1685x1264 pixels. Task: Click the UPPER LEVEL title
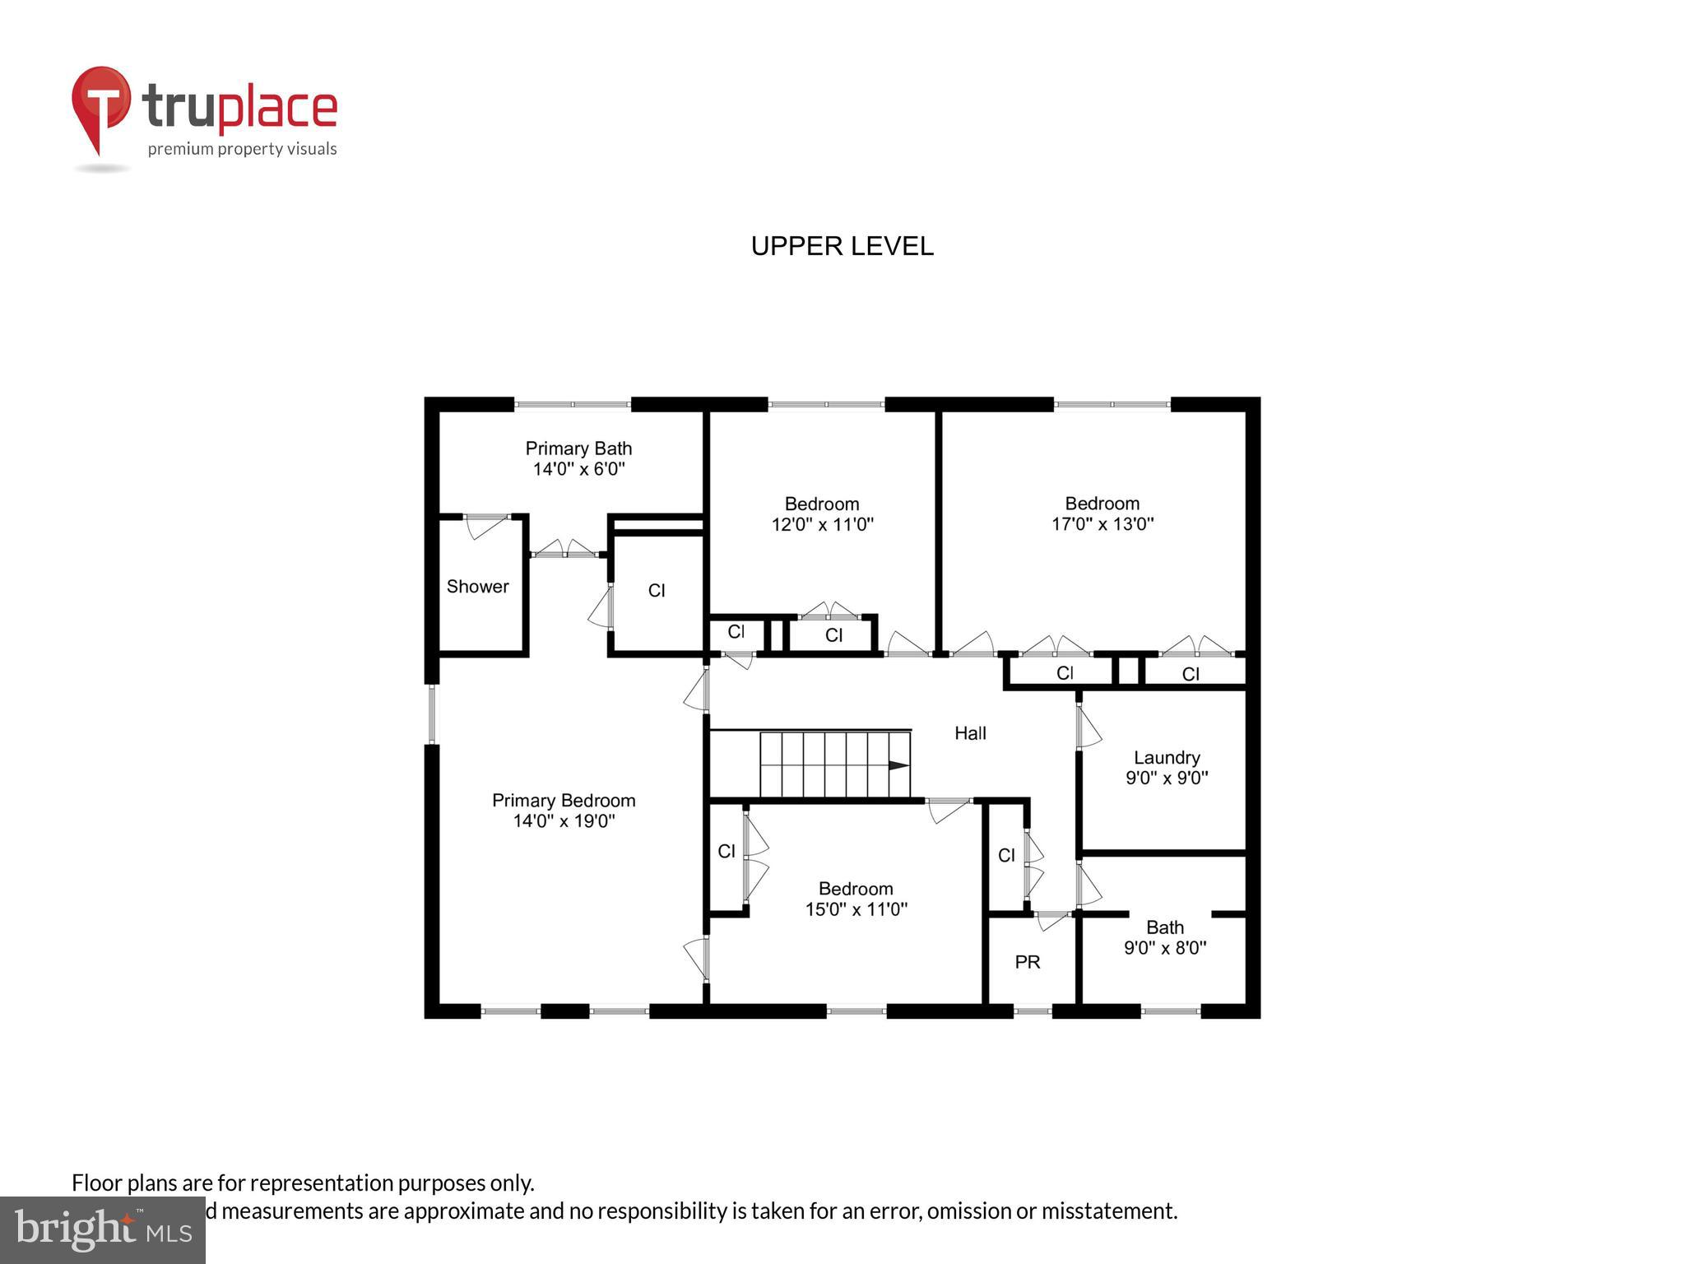click(842, 246)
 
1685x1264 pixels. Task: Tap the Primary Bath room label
click(578, 448)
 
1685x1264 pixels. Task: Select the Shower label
click(477, 587)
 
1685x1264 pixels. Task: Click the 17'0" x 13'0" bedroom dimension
click(1102, 524)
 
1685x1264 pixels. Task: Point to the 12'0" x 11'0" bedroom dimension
click(822, 524)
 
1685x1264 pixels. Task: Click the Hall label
click(970, 733)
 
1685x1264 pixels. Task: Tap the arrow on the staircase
click(898, 765)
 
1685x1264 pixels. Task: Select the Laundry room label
click(1166, 757)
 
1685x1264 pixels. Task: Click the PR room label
click(1028, 961)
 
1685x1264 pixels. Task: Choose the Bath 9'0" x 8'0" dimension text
click(1165, 948)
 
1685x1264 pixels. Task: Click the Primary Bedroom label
click(564, 801)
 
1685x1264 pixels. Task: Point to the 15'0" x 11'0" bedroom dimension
click(856, 909)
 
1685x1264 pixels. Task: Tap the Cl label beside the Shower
click(657, 591)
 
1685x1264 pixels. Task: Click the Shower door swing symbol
click(485, 526)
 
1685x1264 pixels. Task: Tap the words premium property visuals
click(242, 150)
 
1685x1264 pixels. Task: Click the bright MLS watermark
click(103, 1229)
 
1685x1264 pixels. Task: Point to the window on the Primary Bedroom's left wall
click(432, 713)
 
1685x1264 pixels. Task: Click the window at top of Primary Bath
click(573, 404)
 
